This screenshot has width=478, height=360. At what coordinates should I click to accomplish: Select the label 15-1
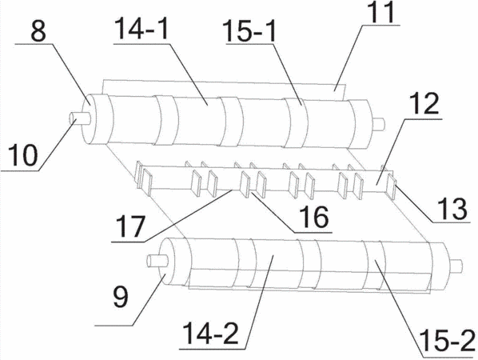coord(249,30)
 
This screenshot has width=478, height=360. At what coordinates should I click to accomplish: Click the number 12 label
coord(424,103)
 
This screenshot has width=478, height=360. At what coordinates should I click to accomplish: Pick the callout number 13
coord(452,209)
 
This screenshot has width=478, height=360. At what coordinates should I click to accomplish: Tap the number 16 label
coord(313,218)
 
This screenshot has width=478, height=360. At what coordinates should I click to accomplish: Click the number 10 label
coord(22,155)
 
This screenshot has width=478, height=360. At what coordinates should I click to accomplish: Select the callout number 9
coord(121,298)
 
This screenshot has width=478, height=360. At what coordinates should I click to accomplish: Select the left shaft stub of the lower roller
coord(157,261)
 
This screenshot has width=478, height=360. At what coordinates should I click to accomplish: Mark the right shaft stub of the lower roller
coord(457,266)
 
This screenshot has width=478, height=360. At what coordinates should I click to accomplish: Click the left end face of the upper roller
coord(89,118)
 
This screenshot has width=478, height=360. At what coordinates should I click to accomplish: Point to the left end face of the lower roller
coord(167,261)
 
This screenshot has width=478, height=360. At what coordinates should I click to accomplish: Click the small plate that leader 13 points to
coord(391,186)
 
